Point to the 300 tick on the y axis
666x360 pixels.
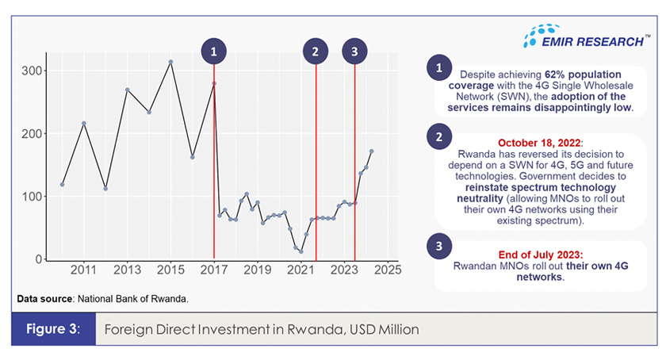pyautogui.click(x=33, y=71)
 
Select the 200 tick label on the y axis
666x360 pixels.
pyautogui.click(x=33, y=134)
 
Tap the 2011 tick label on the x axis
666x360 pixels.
pyautogui.click(x=84, y=271)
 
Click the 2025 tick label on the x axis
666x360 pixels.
pyautogui.click(x=387, y=271)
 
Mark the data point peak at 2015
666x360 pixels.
pyautogui.click(x=170, y=62)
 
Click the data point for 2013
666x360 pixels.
pyautogui.click(x=128, y=90)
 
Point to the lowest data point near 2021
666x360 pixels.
pyautogui.click(x=300, y=251)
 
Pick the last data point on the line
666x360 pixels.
pyautogui.click(x=372, y=151)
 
